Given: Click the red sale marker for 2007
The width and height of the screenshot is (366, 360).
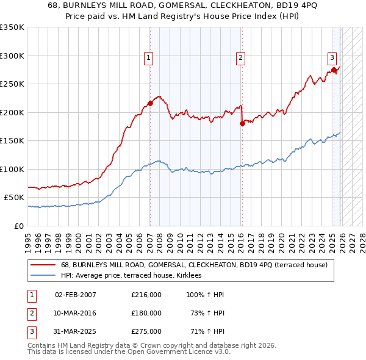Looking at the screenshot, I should click(x=150, y=103).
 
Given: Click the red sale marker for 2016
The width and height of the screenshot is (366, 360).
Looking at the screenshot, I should click(x=242, y=123).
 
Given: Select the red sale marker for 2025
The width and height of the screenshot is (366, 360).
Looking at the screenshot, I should click(x=334, y=70).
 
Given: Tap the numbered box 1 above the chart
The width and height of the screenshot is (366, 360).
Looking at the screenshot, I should click(x=148, y=58).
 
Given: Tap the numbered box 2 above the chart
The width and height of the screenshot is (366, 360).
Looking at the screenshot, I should click(x=241, y=58).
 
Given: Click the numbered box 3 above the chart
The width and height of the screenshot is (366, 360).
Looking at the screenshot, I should click(x=332, y=58).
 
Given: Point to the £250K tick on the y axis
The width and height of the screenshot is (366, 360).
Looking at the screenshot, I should click(x=12, y=84).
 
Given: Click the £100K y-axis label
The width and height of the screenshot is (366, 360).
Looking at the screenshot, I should click(x=12, y=169).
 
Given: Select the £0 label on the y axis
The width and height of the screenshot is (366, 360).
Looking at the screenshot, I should click(x=18, y=226).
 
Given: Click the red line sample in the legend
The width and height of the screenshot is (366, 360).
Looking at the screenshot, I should click(x=43, y=265).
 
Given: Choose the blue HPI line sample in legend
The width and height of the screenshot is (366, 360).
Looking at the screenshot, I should click(x=43, y=276).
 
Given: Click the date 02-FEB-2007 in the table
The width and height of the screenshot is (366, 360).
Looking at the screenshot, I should click(x=76, y=295).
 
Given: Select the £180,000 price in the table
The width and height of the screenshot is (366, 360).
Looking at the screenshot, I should click(x=146, y=313).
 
